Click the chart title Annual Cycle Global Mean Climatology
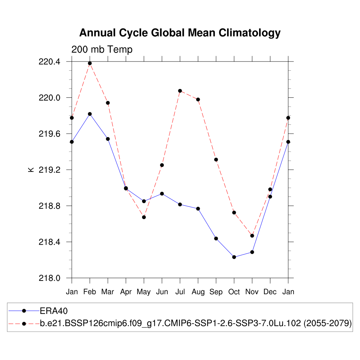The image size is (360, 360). tap(180, 33)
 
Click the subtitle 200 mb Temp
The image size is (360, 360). tap(102, 50)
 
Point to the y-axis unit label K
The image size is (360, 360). tap(31, 169)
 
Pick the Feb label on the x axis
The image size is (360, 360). tap(90, 292)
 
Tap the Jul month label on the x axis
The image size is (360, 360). tap(180, 292)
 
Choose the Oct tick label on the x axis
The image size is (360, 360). tap(234, 292)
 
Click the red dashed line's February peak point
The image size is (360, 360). tap(90, 63)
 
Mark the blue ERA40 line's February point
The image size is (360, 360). tap(90, 114)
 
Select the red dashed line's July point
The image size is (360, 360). tap(180, 91)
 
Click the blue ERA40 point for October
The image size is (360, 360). tap(234, 257)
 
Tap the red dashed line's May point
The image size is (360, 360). tap(144, 217)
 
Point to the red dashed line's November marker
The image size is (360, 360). tap(252, 236)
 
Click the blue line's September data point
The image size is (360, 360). tap(216, 238)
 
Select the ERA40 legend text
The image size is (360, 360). tap(53, 311)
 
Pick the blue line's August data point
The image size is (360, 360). tap(198, 209)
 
